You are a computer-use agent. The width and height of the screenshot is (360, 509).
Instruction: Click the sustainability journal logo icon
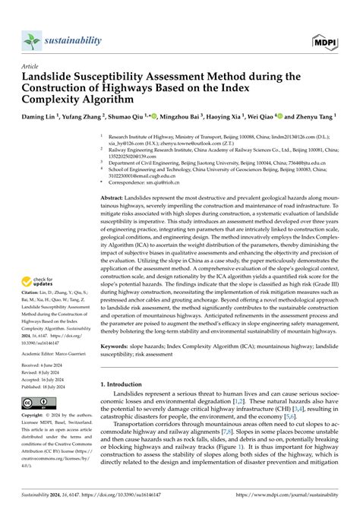coord(30,40)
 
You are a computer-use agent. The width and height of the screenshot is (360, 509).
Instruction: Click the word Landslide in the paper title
coord(52,77)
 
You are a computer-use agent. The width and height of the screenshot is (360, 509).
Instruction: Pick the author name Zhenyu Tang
coord(314,118)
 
